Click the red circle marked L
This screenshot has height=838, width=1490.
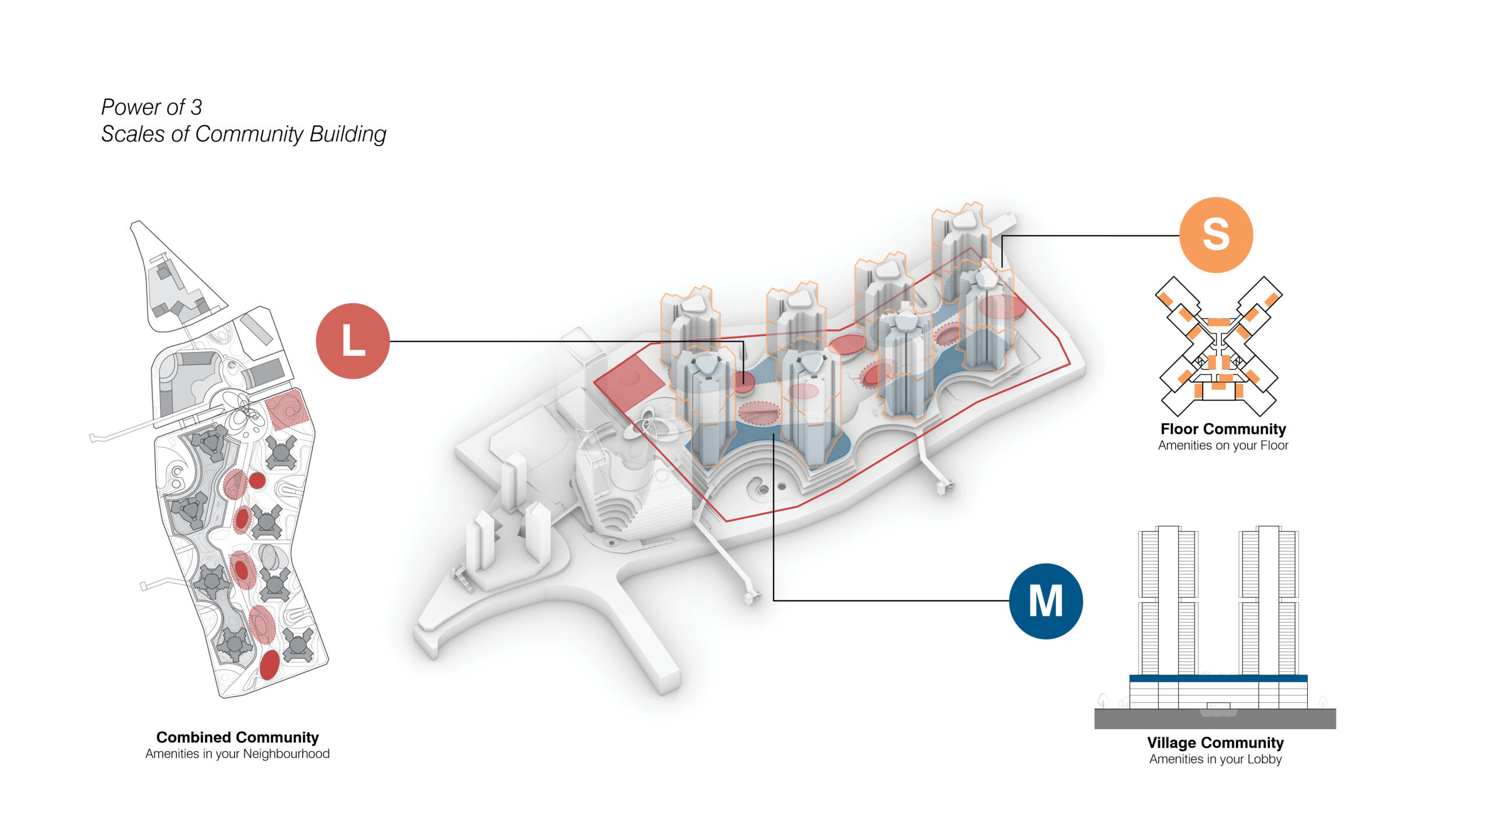(353, 341)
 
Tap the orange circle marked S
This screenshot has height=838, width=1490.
(1216, 235)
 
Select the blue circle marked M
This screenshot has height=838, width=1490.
(1045, 601)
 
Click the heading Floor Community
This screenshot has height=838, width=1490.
(1223, 429)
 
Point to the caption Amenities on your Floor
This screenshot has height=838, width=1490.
(1223, 446)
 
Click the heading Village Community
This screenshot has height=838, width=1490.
(1215, 743)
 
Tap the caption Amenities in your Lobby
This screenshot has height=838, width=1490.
(1215, 759)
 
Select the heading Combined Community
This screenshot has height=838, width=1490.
(237, 737)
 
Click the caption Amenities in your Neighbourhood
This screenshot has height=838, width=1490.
(237, 754)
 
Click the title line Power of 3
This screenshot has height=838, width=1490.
(151, 107)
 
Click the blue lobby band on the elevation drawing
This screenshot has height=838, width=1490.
(1218, 679)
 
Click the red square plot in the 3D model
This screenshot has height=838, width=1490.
(629, 379)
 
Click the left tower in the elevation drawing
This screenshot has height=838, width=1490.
(1168, 599)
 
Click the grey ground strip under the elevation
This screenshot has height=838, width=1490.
(1215, 719)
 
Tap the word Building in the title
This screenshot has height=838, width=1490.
(347, 134)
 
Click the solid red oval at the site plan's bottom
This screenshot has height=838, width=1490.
(269, 665)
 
